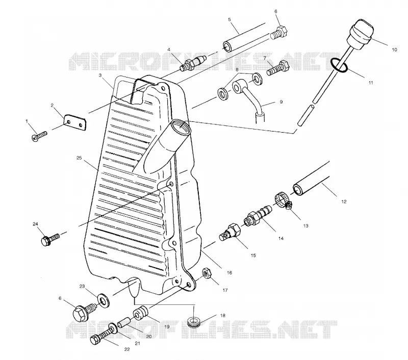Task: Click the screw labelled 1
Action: click(x=39, y=136)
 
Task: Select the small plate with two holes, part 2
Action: click(x=75, y=122)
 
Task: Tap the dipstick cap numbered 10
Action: click(x=362, y=34)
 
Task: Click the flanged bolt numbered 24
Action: click(x=50, y=239)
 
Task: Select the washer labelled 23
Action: click(x=104, y=300)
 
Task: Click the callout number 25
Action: click(x=79, y=158)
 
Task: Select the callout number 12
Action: click(x=344, y=201)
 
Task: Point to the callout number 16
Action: click(x=229, y=273)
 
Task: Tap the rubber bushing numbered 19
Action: click(x=141, y=313)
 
